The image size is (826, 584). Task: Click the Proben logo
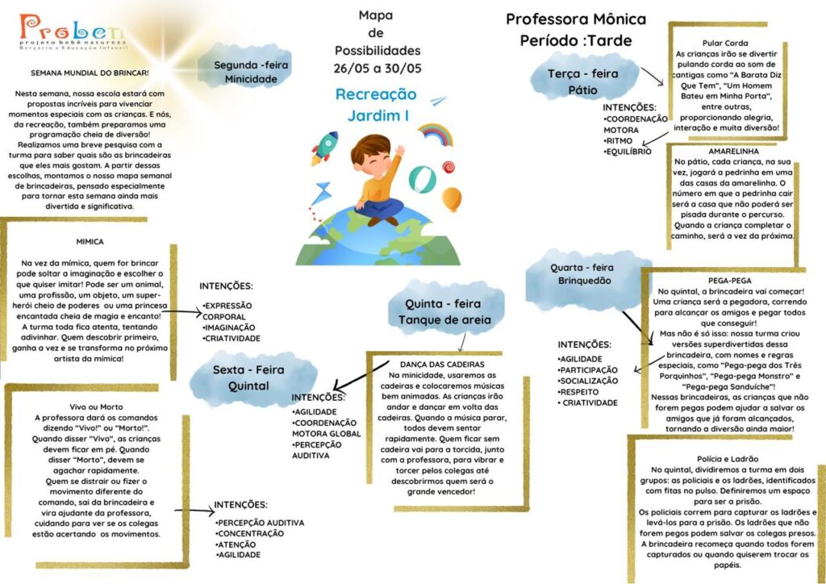coord(73,32)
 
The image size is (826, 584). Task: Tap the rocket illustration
coord(324,148)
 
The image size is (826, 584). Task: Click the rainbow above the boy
coord(436,134)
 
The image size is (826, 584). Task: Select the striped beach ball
coord(423,180)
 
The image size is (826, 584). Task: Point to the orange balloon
coord(452,199)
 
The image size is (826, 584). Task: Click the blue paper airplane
coord(438,101)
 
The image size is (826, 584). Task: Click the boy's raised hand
coord(399,151)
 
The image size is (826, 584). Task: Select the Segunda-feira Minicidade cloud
coord(244,66)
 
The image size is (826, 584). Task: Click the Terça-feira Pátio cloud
coord(584,77)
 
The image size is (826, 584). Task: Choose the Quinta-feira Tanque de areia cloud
coord(445,307)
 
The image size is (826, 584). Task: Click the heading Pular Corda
coord(725,44)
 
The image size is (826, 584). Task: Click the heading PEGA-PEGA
coord(729,281)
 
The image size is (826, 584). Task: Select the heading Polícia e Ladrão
coord(728,459)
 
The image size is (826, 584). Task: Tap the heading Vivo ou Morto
coord(96,407)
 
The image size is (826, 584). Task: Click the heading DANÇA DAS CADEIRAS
coord(442,365)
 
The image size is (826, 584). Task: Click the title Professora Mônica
coord(576,19)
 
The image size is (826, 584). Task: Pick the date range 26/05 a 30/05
coord(378,69)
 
